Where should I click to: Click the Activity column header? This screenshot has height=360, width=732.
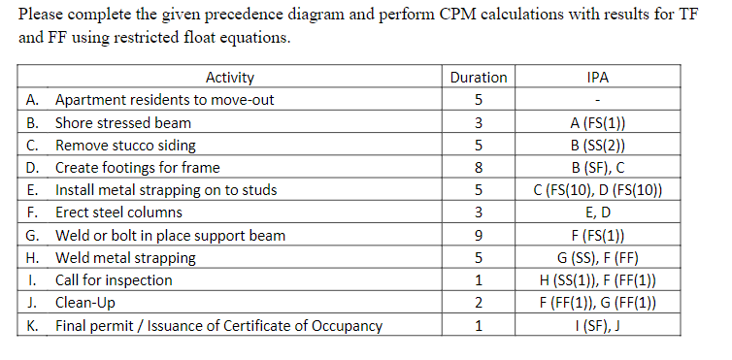[230, 78]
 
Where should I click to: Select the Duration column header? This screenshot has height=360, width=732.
[479, 78]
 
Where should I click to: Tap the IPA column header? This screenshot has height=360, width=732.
[599, 78]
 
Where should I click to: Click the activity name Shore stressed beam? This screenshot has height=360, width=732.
[123, 123]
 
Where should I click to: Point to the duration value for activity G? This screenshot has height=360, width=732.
[479, 236]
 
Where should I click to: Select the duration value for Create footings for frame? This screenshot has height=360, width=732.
[479, 168]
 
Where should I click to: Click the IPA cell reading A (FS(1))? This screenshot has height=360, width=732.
[599, 123]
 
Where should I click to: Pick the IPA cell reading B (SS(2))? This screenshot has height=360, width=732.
[599, 146]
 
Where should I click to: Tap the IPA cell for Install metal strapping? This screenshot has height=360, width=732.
[599, 190]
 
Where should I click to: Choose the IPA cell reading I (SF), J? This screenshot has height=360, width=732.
[599, 325]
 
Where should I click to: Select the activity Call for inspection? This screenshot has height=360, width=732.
[114, 280]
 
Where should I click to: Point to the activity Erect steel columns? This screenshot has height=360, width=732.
[118, 213]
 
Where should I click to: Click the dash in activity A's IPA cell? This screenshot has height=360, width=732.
[599, 101]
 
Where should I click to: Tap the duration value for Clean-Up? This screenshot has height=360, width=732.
[479, 303]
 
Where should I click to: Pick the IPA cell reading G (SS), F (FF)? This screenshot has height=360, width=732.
[599, 258]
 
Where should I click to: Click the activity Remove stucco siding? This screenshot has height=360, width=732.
[125, 146]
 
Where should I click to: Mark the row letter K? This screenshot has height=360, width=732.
[33, 325]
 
